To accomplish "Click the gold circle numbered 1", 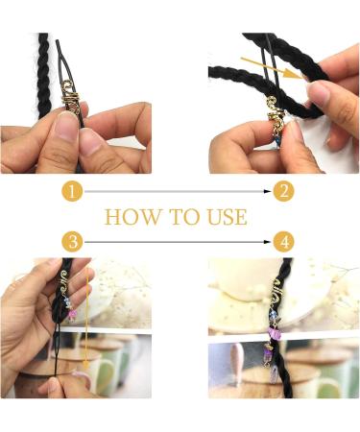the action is coord(72,192).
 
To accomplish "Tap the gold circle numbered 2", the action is coord(284,191).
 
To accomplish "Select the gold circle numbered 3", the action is coord(73,241).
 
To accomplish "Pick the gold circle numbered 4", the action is coord(284,242).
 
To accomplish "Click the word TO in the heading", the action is coord(183,217).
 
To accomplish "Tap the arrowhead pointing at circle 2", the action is coord(268,191).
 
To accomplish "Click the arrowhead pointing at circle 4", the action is coord(268,242).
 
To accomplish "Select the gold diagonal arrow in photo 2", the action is coord(272,68).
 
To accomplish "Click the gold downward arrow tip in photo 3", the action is coord(85,366).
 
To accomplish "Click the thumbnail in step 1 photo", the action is coord(66,127).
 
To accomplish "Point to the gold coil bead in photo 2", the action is coord(275,113).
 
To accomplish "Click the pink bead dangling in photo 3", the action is coord(72,314).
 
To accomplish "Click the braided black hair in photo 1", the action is coord(43,75).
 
